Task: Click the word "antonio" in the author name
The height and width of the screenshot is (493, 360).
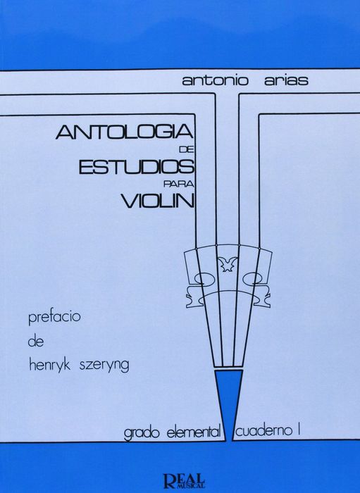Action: [216, 80]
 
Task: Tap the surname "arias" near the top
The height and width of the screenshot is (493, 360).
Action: [285, 80]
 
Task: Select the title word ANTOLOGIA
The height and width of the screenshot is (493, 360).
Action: [125, 132]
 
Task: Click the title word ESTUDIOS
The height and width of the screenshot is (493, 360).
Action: [136, 167]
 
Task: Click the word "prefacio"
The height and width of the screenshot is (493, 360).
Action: [54, 317]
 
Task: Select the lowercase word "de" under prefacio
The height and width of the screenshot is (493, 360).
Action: [35, 341]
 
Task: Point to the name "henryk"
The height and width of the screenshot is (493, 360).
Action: [50, 366]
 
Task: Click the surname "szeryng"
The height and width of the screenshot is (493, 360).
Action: [104, 366]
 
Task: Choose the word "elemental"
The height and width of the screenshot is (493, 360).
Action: [193, 432]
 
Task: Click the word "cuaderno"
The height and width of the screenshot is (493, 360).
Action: [261, 431]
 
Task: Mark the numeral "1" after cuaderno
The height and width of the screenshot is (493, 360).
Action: [297, 430]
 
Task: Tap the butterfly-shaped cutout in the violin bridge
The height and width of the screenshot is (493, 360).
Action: [228, 263]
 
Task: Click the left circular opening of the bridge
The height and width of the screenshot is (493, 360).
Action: [202, 277]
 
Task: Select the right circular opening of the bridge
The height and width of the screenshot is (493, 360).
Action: [253, 277]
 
